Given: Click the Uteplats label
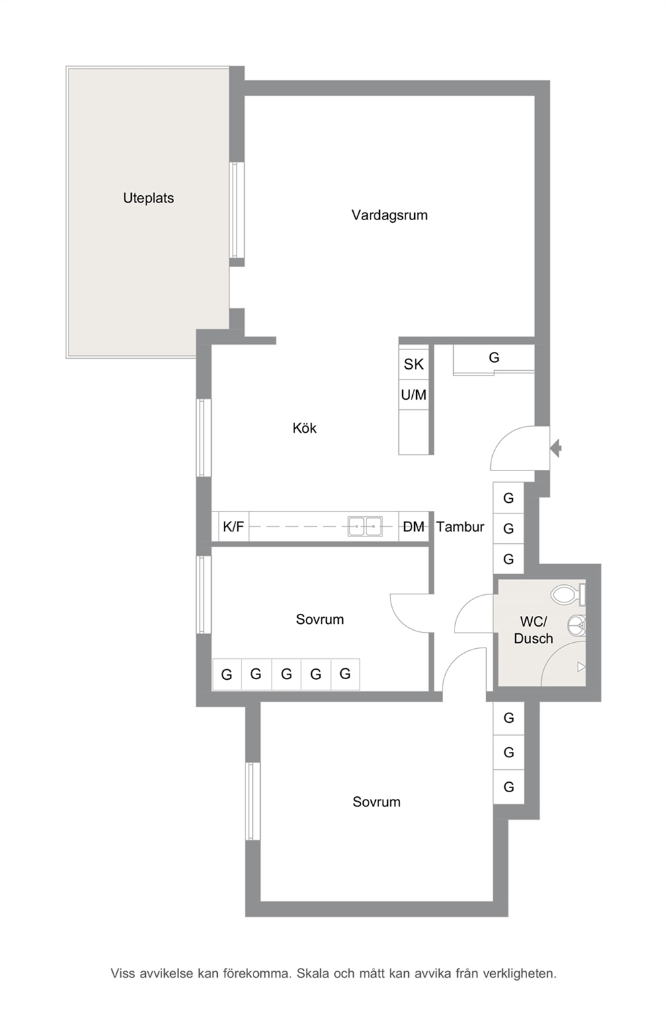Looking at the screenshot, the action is (149, 198).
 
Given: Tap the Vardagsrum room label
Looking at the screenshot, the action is (389, 215).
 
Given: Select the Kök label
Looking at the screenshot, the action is (304, 428).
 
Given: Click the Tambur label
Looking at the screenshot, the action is (460, 526).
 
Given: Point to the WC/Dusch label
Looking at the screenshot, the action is (533, 630).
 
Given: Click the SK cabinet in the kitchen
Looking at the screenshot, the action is (414, 363).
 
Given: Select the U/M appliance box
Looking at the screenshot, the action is (414, 394).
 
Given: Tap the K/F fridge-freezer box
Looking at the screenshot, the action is (233, 526).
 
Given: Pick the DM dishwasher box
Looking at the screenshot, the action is (414, 526).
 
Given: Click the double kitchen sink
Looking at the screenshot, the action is (364, 526).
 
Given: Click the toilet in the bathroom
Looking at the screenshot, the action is (568, 594).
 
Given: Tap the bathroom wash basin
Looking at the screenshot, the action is (576, 626).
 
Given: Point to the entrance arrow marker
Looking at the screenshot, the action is (556, 448).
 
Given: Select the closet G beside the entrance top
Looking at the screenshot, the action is (494, 358).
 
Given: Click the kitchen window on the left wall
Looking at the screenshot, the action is (204, 438).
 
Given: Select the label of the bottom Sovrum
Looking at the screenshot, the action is (377, 802).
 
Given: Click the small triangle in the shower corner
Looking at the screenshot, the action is (581, 666).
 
